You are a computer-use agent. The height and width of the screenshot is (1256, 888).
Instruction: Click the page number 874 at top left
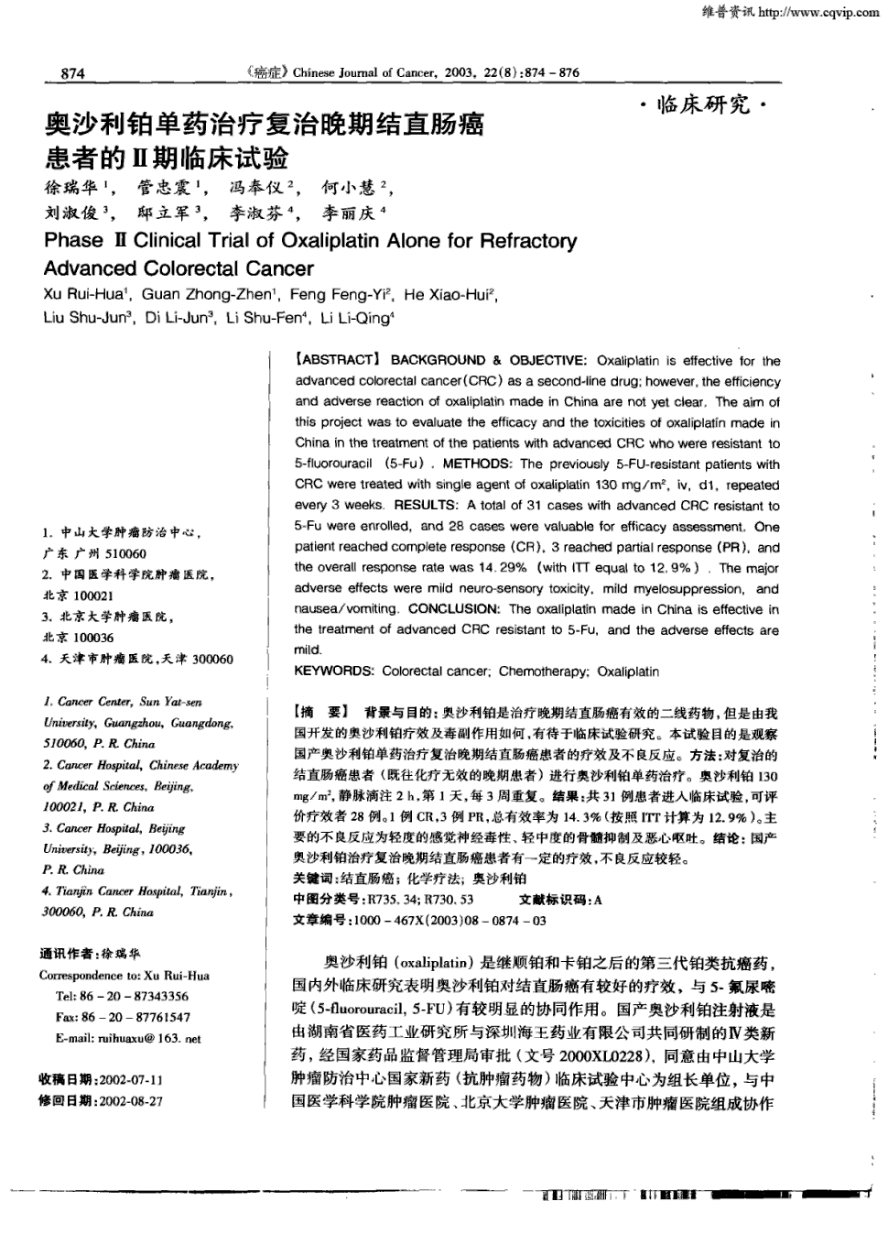tap(72, 73)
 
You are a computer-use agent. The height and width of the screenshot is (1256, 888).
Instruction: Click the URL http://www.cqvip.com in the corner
tap(818, 12)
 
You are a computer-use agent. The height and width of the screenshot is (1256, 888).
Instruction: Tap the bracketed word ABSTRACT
tap(336, 361)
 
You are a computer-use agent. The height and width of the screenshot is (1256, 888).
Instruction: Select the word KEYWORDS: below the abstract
tap(334, 672)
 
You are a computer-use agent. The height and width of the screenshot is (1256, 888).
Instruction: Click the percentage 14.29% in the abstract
tap(501, 568)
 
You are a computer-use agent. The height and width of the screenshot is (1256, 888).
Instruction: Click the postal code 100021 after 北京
tap(93, 595)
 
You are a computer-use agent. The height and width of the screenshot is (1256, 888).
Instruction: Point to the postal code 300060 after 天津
tap(212, 660)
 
